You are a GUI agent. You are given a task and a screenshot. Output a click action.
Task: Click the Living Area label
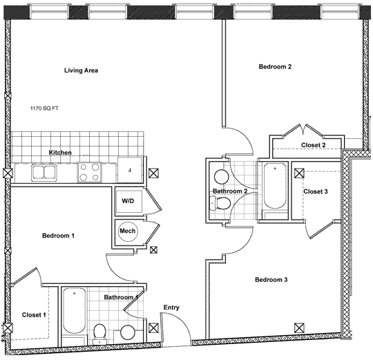coord(81,70)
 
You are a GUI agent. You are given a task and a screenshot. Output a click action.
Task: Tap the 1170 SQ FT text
coord(44,108)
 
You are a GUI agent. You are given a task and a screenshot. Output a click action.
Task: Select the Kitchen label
coord(60,153)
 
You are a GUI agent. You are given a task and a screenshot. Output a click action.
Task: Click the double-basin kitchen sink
coord(44,173)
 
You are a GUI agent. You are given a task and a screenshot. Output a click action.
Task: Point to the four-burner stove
coord(89,172)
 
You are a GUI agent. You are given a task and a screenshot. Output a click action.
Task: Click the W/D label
coord(128,201)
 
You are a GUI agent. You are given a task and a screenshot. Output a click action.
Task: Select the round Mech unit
coord(128,231)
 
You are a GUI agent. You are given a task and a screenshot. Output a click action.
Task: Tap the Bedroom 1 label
coord(58,236)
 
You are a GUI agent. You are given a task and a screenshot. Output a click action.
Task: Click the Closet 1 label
coord(34,315)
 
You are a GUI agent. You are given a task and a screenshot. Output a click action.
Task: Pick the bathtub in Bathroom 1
coord(75,311)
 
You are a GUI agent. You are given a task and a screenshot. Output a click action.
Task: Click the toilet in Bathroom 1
coord(99,334)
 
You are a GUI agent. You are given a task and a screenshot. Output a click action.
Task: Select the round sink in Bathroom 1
coord(128,332)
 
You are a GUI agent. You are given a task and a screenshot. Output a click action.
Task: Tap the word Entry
coord(171,307)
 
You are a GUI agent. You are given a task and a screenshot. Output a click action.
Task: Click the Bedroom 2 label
coord(275,66)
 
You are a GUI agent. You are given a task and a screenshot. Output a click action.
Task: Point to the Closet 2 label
coord(314,145)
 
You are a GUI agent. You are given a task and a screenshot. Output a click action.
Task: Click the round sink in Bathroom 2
coord(222,177)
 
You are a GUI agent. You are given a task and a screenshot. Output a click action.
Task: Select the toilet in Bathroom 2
coord(220,204)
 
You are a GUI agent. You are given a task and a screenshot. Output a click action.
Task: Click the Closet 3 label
coord(316,191)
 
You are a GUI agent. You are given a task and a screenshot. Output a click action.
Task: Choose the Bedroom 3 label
coord(271,280)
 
